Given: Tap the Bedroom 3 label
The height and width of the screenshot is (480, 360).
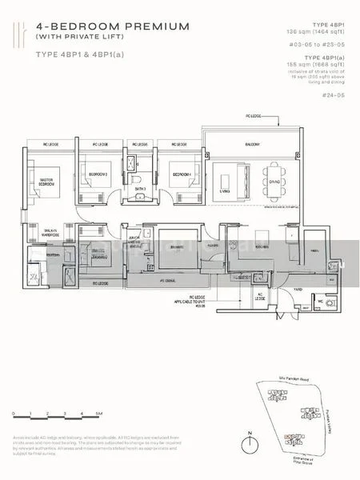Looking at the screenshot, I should click(98, 174).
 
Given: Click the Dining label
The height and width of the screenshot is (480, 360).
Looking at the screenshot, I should click(274, 182).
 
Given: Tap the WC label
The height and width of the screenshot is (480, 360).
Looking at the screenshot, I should click(321, 302).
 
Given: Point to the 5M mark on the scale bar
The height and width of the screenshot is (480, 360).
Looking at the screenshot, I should click(97, 413).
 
